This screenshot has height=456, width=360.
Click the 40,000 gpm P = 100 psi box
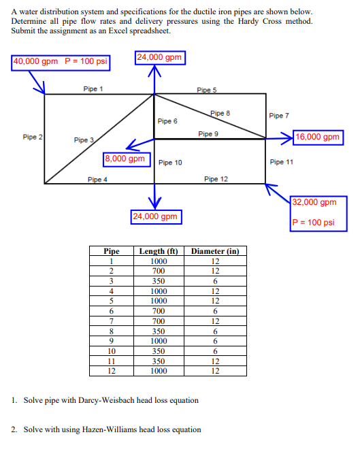pos(61,61)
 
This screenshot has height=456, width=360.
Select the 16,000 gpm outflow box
pos(318,137)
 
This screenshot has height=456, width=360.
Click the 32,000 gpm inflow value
pos(314,202)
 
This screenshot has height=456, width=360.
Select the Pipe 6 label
pos(167,120)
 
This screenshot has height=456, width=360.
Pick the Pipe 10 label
pos(170,163)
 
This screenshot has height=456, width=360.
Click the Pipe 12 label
pos(216,179)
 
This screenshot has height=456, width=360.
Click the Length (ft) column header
pos(158,252)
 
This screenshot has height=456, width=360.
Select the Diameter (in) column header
pos(214,252)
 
